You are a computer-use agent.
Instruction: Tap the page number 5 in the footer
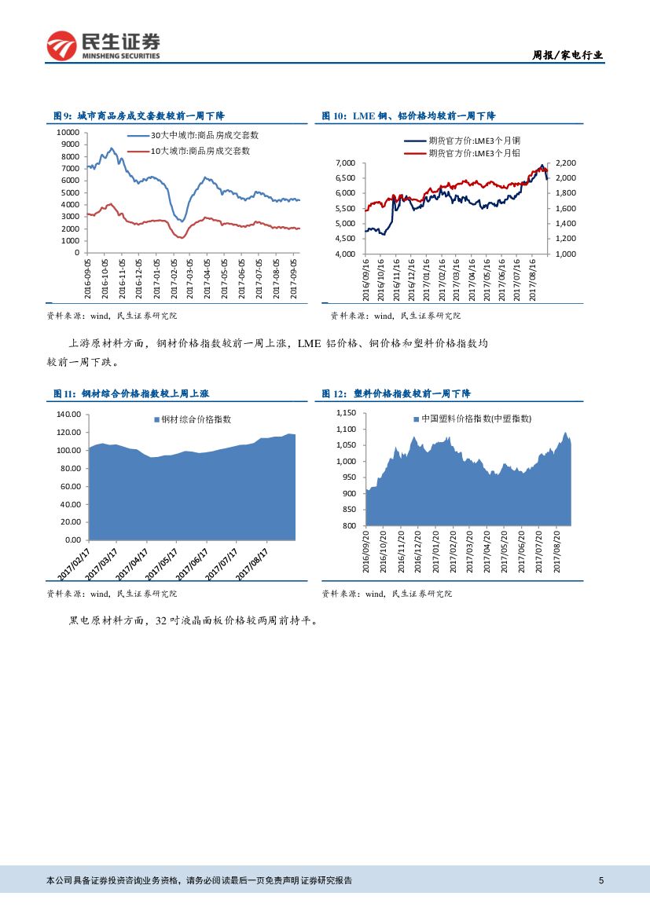click(600, 880)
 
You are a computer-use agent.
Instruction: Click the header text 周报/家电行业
click(567, 55)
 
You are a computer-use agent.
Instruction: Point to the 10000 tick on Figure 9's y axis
click(68, 133)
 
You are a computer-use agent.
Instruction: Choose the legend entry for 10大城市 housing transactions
click(200, 150)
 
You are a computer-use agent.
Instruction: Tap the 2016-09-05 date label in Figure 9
click(89, 279)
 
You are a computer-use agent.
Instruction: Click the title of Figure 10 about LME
click(408, 115)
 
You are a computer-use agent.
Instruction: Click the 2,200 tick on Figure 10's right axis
click(566, 163)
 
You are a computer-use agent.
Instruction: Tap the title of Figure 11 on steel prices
click(130, 393)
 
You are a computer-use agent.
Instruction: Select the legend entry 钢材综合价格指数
click(196, 419)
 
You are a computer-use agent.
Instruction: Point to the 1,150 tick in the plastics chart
click(347, 413)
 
